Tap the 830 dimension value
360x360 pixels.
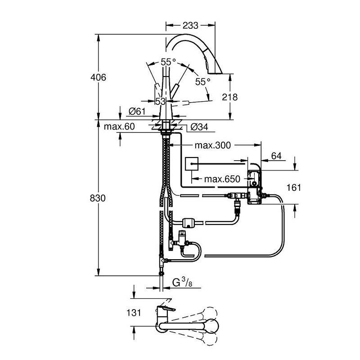tap(98, 198)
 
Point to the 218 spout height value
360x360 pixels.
tap(230, 97)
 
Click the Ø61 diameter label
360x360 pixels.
tap(136, 111)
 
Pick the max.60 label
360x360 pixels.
tap(119, 127)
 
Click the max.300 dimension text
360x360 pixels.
tap(212, 145)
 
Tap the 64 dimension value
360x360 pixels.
tap(276, 156)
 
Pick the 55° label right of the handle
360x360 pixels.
tap(202, 81)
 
